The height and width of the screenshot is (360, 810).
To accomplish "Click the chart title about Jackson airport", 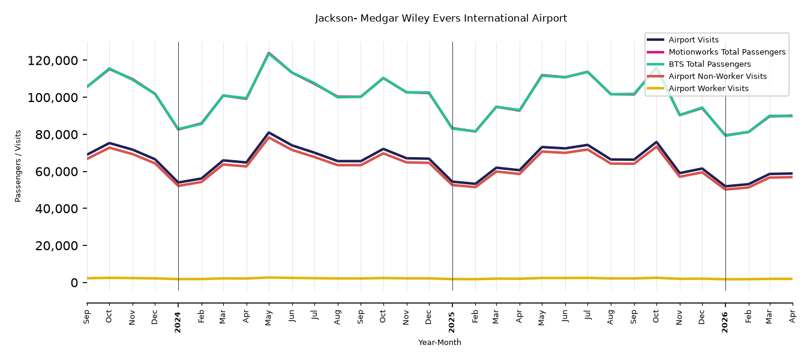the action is pyautogui.click(x=441, y=18).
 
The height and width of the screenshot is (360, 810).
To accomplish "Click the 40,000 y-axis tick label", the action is pyautogui.click(x=56, y=209).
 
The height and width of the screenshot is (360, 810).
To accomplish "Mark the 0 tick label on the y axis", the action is pyautogui.click(x=74, y=283).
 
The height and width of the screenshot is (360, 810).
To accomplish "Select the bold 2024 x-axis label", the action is pyautogui.click(x=178, y=322).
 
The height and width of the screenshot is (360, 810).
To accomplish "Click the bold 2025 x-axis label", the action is pyautogui.click(x=452, y=322).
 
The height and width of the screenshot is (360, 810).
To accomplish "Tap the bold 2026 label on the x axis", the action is pyautogui.click(x=725, y=322).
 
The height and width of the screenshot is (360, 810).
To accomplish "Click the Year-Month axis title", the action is pyautogui.click(x=440, y=342).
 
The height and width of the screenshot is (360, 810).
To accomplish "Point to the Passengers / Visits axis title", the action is pyautogui.click(x=18, y=166).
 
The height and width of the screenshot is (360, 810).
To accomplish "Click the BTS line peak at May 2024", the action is pyautogui.click(x=269, y=53).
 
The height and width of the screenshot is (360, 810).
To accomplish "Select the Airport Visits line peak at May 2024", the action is pyautogui.click(x=269, y=133).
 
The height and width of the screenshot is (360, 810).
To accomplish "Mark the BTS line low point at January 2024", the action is pyautogui.click(x=178, y=129).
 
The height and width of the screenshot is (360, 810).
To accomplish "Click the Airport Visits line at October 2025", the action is pyautogui.click(x=656, y=142).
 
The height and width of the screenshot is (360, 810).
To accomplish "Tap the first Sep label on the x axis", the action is pyautogui.click(x=86, y=317).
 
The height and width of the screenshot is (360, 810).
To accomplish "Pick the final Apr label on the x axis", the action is pyautogui.click(x=792, y=317).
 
